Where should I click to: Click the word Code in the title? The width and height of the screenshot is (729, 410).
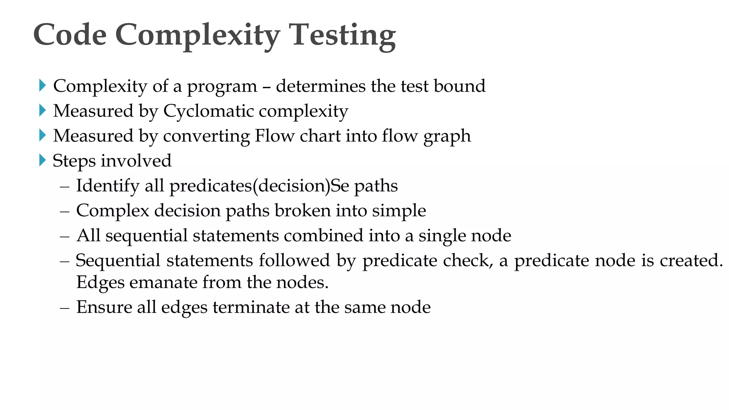(70, 35)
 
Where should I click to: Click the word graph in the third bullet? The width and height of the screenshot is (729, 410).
(447, 136)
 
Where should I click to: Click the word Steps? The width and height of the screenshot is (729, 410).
(74, 161)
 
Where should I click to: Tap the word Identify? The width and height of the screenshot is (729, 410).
(107, 186)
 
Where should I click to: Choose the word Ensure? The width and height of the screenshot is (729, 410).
(104, 307)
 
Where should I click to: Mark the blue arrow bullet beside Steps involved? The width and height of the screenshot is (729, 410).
(42, 160)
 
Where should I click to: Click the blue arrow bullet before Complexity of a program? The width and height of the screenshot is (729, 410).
(42, 85)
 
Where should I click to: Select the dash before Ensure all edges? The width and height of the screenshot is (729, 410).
(65, 307)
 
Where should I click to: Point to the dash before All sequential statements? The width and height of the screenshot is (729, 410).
(65, 236)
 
